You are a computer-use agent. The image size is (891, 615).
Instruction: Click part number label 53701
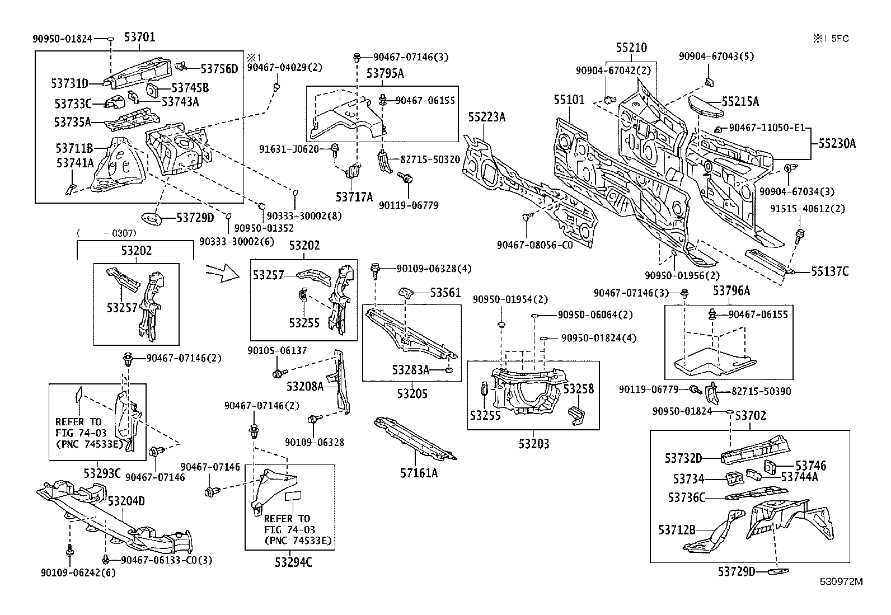(139, 37)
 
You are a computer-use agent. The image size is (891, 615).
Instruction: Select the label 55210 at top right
(631, 48)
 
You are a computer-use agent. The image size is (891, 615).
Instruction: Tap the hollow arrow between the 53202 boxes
(222, 273)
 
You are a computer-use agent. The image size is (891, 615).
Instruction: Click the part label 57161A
(419, 473)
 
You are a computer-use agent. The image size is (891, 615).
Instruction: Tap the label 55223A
(486, 116)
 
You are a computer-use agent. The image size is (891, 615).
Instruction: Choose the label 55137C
(829, 271)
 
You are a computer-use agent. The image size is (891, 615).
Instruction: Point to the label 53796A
(731, 292)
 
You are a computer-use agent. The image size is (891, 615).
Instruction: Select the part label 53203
(533, 444)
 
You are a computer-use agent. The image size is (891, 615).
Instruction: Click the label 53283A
(410, 370)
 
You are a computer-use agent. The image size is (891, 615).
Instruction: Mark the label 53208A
(305, 386)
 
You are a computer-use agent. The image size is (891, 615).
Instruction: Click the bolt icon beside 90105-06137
(277, 373)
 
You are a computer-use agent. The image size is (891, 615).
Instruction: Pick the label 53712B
(677, 529)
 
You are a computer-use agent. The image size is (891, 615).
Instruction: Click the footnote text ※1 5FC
(831, 39)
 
